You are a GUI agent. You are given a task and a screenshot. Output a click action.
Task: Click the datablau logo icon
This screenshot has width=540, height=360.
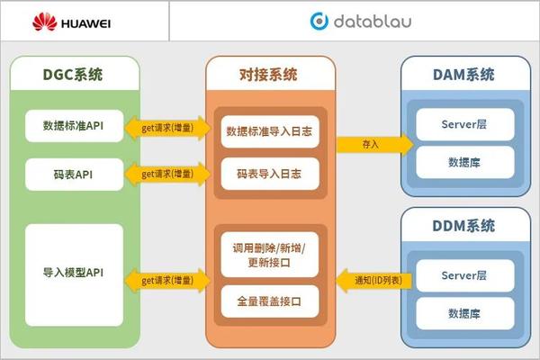click(319, 20)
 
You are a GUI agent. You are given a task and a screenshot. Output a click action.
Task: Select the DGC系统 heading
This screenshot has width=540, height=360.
click(73, 74)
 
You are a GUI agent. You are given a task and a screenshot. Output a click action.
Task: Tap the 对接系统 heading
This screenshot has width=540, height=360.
click(269, 74)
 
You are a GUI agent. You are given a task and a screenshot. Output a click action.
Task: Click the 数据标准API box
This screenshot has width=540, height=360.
click(73, 124)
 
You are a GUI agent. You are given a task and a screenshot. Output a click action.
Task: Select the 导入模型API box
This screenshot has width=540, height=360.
click(73, 273)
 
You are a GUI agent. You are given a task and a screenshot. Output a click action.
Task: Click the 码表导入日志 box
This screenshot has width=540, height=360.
click(270, 173)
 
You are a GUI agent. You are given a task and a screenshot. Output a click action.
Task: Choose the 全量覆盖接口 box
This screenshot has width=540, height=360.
click(270, 300)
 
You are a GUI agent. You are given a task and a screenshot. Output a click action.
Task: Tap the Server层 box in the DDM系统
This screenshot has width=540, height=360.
click(464, 274)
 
